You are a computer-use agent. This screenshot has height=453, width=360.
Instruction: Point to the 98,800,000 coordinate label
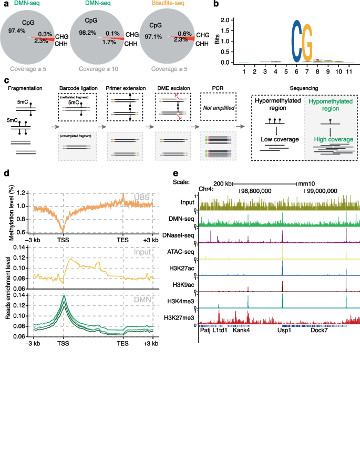point(256,191)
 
